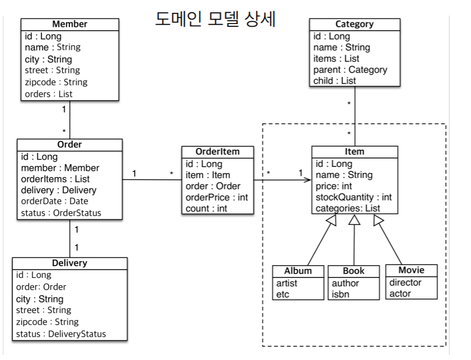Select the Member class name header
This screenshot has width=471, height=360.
click(70, 25)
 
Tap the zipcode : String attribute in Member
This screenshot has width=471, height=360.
click(56, 82)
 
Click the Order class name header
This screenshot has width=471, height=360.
click(69, 145)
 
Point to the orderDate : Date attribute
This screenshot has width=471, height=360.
click(55, 201)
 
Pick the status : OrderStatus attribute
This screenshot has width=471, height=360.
click(61, 213)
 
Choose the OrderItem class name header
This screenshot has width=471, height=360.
click(217, 152)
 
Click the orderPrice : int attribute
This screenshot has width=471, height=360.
click(216, 198)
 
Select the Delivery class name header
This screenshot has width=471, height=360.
click(69, 263)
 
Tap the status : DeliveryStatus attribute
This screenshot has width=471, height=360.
click(61, 334)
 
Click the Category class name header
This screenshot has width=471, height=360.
click(354, 25)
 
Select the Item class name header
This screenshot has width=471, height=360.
click(354, 152)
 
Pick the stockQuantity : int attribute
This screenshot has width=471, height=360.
click(354, 197)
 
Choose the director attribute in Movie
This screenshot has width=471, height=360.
click(406, 282)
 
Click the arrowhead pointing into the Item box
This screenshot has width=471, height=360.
click(308, 180)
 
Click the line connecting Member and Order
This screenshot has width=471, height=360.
click(70, 119)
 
